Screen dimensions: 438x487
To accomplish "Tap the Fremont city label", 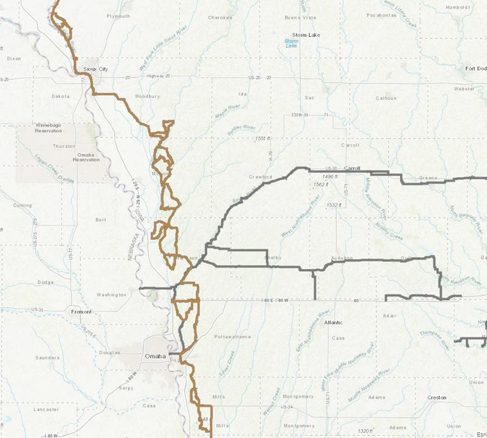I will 81,312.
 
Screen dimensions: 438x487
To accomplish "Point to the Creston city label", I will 437,398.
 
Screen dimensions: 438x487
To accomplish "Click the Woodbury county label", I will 147,96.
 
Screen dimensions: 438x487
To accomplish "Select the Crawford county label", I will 260,177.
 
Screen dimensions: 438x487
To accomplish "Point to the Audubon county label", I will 342,258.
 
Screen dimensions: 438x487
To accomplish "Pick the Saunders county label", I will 47,358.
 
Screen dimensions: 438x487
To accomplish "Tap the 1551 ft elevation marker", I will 264,139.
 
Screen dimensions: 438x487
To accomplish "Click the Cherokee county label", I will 220,17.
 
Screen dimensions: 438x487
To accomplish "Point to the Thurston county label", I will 64,146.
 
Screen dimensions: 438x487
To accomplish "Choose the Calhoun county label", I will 386,98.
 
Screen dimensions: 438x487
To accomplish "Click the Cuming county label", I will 22,206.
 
